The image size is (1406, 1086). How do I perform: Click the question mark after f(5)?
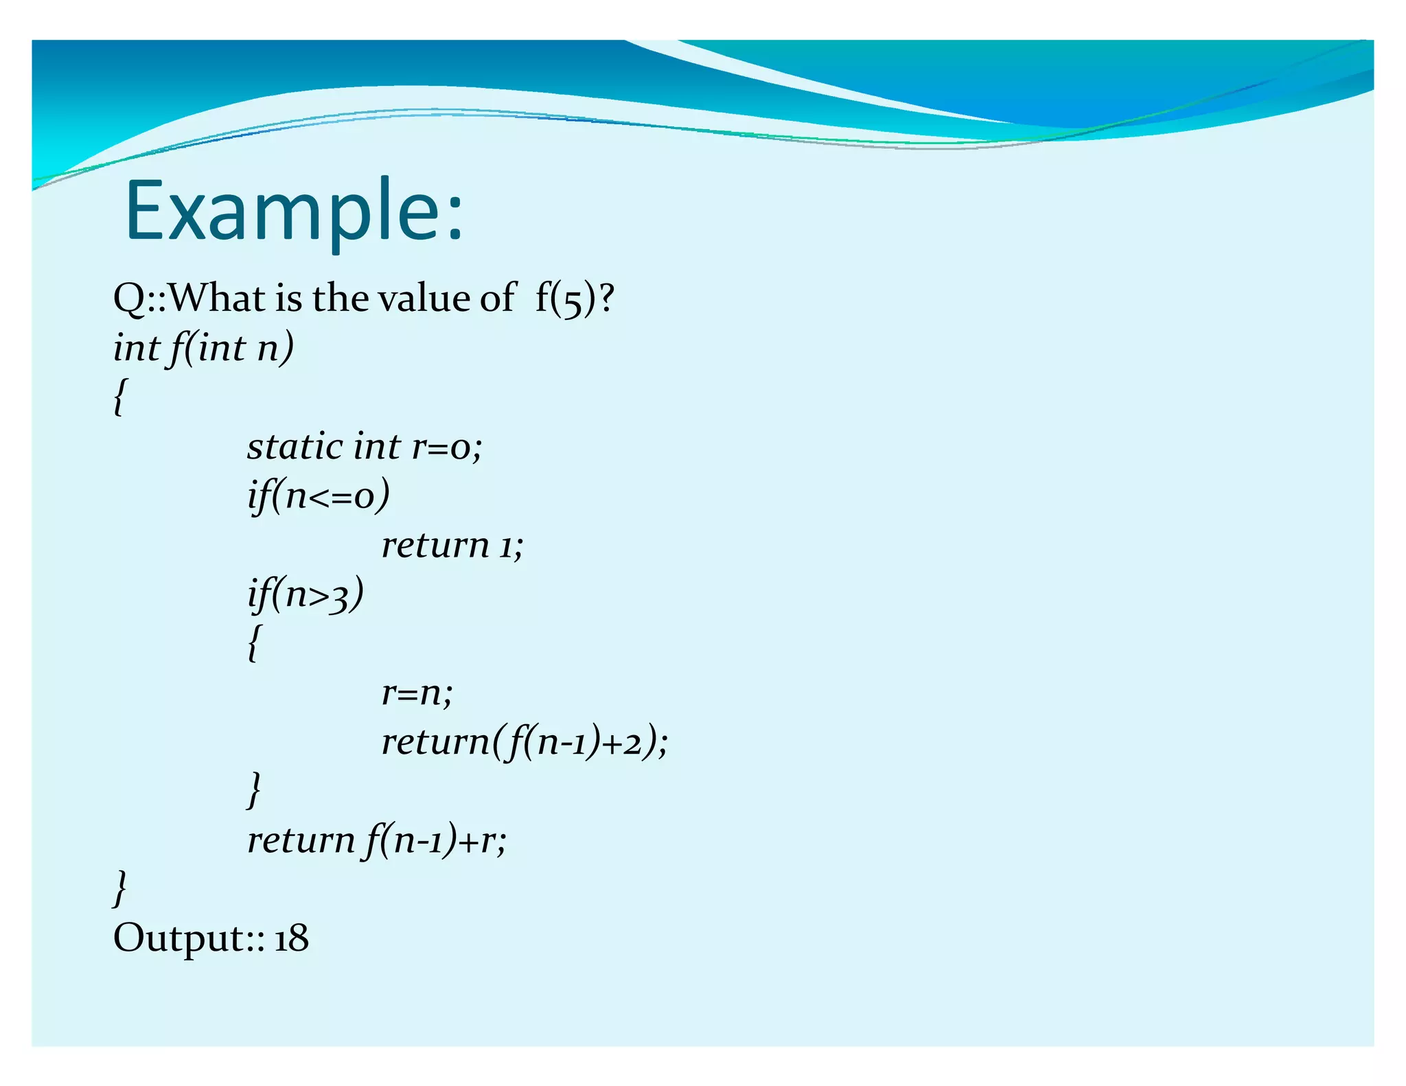tap(606, 299)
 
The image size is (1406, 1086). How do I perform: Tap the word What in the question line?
tap(217, 299)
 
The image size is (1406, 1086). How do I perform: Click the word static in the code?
tap(295, 447)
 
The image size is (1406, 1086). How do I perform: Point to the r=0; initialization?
tap(447, 447)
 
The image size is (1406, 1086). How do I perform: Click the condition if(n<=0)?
tap(319, 496)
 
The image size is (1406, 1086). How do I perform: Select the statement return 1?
tap(452, 546)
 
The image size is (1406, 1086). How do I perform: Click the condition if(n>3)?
tap(306, 594)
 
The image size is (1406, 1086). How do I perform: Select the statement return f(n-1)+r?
tap(377, 840)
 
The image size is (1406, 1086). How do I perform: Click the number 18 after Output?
tap(292, 938)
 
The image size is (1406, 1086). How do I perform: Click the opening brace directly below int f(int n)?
tap(119, 397)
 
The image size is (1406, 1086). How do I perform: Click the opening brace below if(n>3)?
tap(254, 643)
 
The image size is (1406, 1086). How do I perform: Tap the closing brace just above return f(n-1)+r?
tap(254, 790)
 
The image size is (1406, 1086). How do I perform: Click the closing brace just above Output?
tap(119, 888)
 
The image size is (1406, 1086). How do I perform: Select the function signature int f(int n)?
tap(203, 348)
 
